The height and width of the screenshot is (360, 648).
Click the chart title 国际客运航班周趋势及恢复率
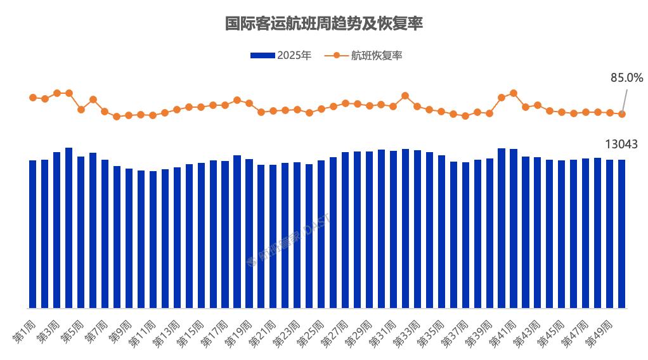(324, 24)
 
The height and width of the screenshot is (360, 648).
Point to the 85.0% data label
(626, 78)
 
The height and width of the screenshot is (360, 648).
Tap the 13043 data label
(621, 145)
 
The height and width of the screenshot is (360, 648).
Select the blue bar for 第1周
(33, 235)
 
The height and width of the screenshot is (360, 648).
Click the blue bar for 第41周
(514, 228)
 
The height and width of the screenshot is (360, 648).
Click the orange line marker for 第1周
(33, 98)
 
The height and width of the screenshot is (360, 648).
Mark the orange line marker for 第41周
(514, 93)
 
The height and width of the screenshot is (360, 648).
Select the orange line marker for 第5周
(81, 110)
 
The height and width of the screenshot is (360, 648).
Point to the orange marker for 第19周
(249, 103)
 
